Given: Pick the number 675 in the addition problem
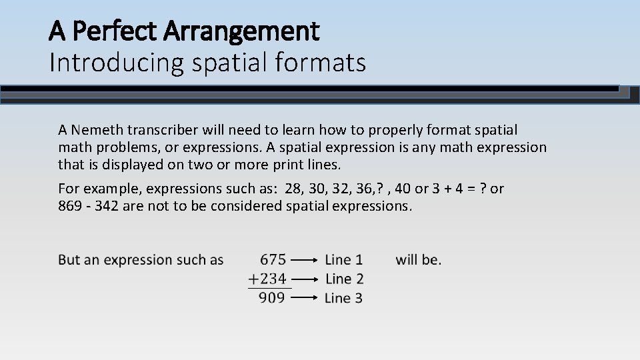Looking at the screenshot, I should click(273, 259).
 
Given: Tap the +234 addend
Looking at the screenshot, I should click(267, 279).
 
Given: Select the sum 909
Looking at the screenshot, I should click(272, 297).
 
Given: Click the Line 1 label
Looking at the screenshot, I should click(344, 259).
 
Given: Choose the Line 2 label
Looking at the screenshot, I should click(344, 279).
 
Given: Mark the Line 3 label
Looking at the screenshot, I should click(344, 298).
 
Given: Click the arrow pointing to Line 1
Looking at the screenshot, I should click(305, 260).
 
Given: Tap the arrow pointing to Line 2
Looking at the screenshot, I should click(305, 279).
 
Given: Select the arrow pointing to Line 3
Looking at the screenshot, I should click(305, 299).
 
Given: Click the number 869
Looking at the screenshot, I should click(71, 206).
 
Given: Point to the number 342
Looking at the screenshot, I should click(107, 206).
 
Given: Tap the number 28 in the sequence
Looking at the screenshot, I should click(293, 189).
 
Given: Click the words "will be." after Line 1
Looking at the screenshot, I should click(418, 259).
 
